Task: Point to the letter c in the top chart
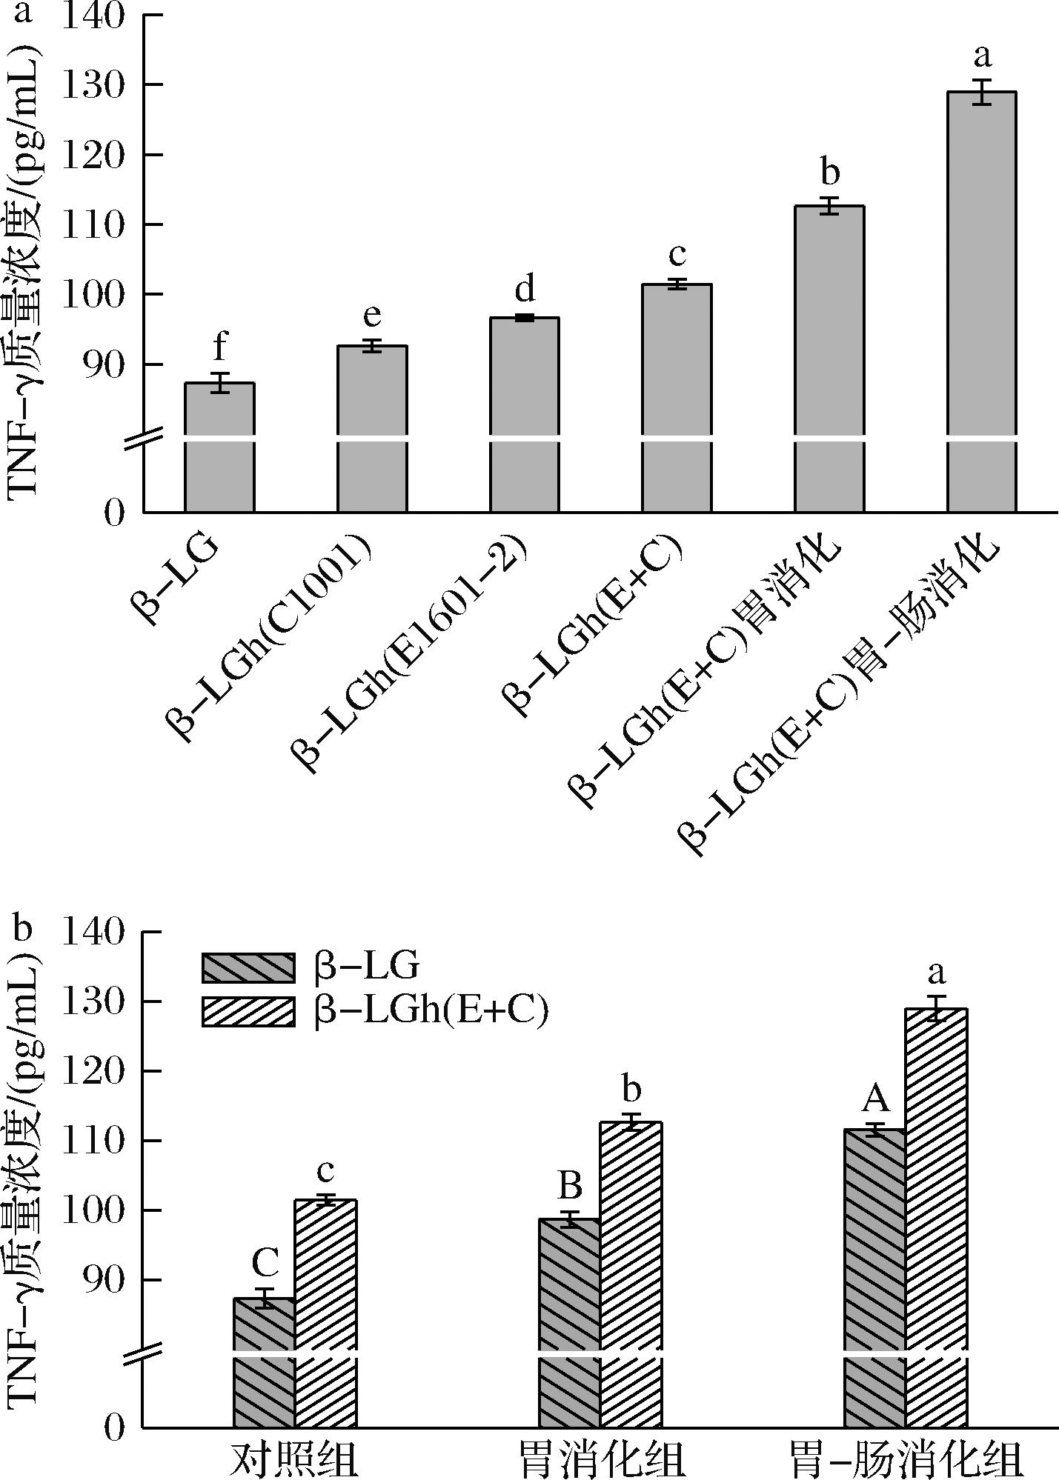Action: click(x=677, y=256)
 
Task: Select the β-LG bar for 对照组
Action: click(x=265, y=1363)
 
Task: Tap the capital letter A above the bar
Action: click(x=875, y=1100)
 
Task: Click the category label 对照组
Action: click(x=296, y=1458)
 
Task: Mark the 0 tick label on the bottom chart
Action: click(x=113, y=1427)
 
